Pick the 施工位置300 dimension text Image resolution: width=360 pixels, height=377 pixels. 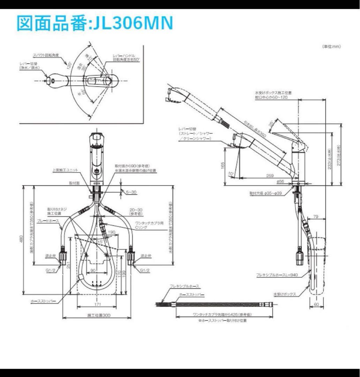click(99, 315)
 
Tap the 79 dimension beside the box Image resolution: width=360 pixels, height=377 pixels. click(315, 217)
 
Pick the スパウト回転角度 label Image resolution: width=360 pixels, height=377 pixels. click(47, 55)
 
